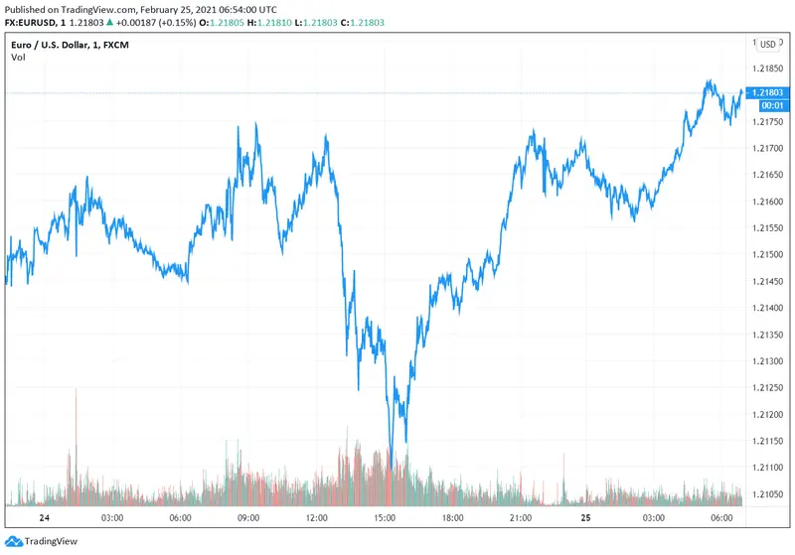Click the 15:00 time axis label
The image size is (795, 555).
tap(386, 518)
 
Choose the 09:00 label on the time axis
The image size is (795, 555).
tap(248, 518)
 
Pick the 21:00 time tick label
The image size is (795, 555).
tap(523, 518)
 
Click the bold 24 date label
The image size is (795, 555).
tap(44, 518)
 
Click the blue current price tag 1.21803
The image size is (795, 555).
tap(771, 92)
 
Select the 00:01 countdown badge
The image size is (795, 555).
tap(773, 105)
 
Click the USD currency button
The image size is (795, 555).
tap(768, 44)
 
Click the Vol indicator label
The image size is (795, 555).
tap(18, 58)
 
